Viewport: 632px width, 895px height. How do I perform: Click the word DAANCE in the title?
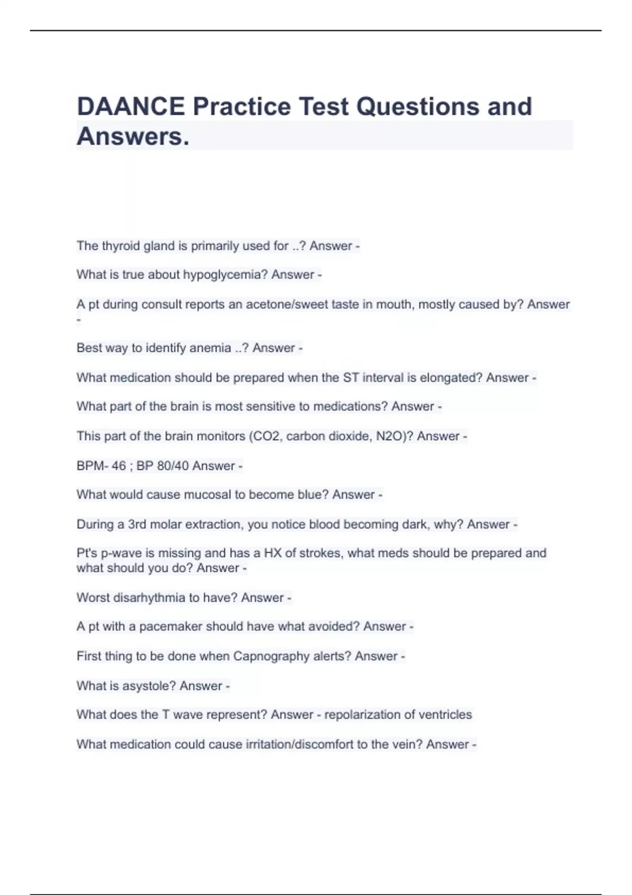tap(131, 106)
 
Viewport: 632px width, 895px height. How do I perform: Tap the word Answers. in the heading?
tap(133, 136)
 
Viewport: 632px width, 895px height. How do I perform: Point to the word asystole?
tap(149, 686)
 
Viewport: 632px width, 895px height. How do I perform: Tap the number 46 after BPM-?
tap(118, 466)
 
